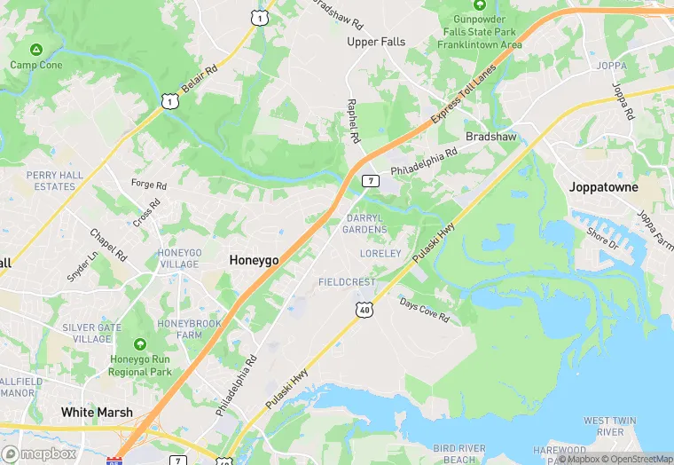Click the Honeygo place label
click(x=254, y=260)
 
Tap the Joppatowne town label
click(x=604, y=187)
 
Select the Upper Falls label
click(x=375, y=42)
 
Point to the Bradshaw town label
click(x=491, y=137)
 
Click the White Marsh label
click(x=97, y=412)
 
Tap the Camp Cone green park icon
click(x=35, y=50)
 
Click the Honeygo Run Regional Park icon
click(x=140, y=344)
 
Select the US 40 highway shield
click(x=364, y=309)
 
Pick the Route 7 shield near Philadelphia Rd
click(x=371, y=181)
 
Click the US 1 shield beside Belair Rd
click(x=168, y=103)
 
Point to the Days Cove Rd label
click(x=424, y=310)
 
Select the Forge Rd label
click(x=148, y=185)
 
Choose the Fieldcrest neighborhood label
click(x=347, y=281)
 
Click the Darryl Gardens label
click(x=366, y=224)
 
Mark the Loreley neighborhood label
click(x=380, y=254)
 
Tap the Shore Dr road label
click(x=601, y=237)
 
